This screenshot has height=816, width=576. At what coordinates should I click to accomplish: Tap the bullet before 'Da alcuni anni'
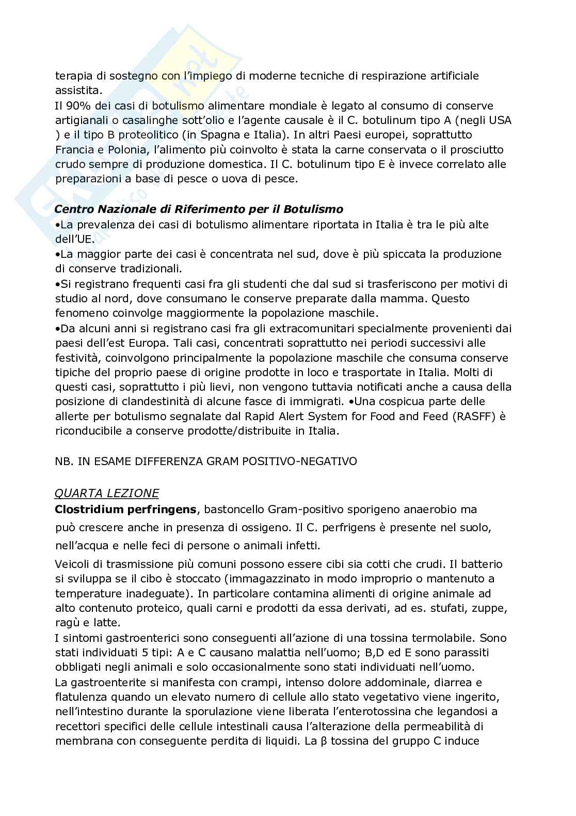click(x=58, y=328)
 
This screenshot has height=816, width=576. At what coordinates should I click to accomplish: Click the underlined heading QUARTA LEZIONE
click(x=107, y=493)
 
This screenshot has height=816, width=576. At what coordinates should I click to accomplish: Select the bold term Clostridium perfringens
click(x=125, y=510)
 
